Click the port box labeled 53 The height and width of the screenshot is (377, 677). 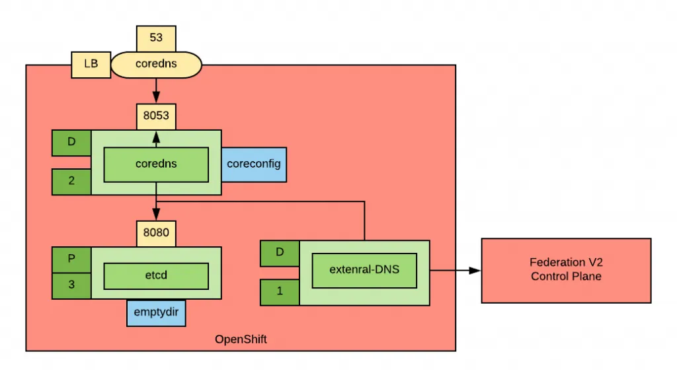tap(156, 38)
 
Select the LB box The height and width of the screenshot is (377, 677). tap(90, 65)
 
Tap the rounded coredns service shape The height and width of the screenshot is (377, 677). tap(156, 65)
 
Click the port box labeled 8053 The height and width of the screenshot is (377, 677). tap(156, 116)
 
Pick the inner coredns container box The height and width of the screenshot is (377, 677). tap(156, 163)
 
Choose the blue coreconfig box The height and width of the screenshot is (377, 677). tap(254, 163)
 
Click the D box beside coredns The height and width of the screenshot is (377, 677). tap(71, 142)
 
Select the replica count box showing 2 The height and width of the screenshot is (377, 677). tap(71, 181)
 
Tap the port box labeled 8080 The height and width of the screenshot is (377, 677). tap(156, 232)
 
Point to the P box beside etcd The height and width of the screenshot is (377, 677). tap(71, 259)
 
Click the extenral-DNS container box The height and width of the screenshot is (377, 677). tap(364, 269)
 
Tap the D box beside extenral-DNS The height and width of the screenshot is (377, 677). tap(279, 252)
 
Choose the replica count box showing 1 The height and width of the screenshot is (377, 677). tap(279, 292)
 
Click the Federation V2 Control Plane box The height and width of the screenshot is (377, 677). tap(566, 270)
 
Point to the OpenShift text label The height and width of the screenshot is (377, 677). tap(241, 339)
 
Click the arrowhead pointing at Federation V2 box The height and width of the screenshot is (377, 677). tap(475, 270)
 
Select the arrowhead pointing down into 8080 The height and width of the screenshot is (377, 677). tap(156, 215)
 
